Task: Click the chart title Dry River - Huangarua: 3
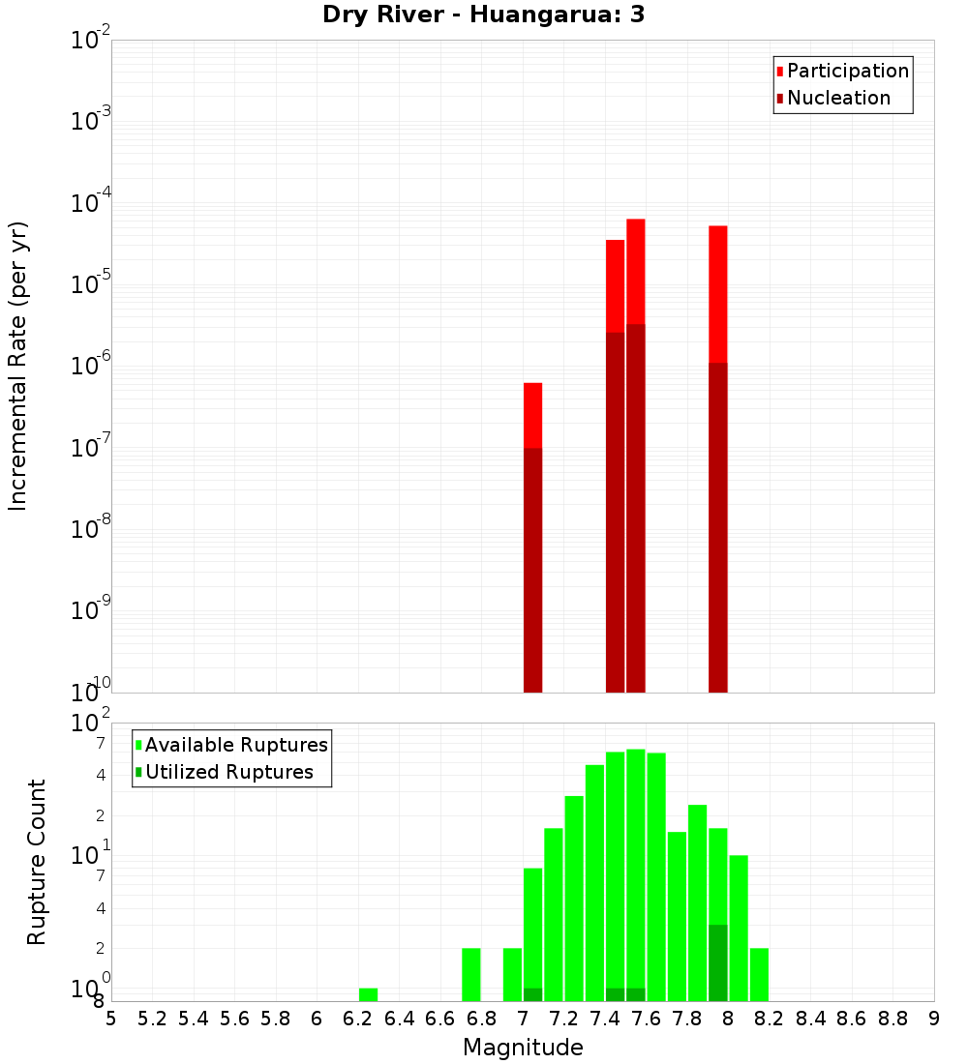click(x=484, y=15)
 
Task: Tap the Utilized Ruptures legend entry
click(x=228, y=772)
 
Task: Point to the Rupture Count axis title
click(x=37, y=861)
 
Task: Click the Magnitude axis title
click(x=523, y=1048)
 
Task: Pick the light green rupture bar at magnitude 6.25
click(x=368, y=994)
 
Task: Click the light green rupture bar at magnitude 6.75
click(x=470, y=974)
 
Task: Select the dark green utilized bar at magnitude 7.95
click(x=717, y=962)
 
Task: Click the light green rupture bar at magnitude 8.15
click(x=759, y=974)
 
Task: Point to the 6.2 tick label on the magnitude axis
click(x=358, y=1019)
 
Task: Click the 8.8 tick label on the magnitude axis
click(x=892, y=1019)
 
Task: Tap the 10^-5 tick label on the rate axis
click(x=91, y=284)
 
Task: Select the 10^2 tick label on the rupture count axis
click(x=91, y=724)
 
